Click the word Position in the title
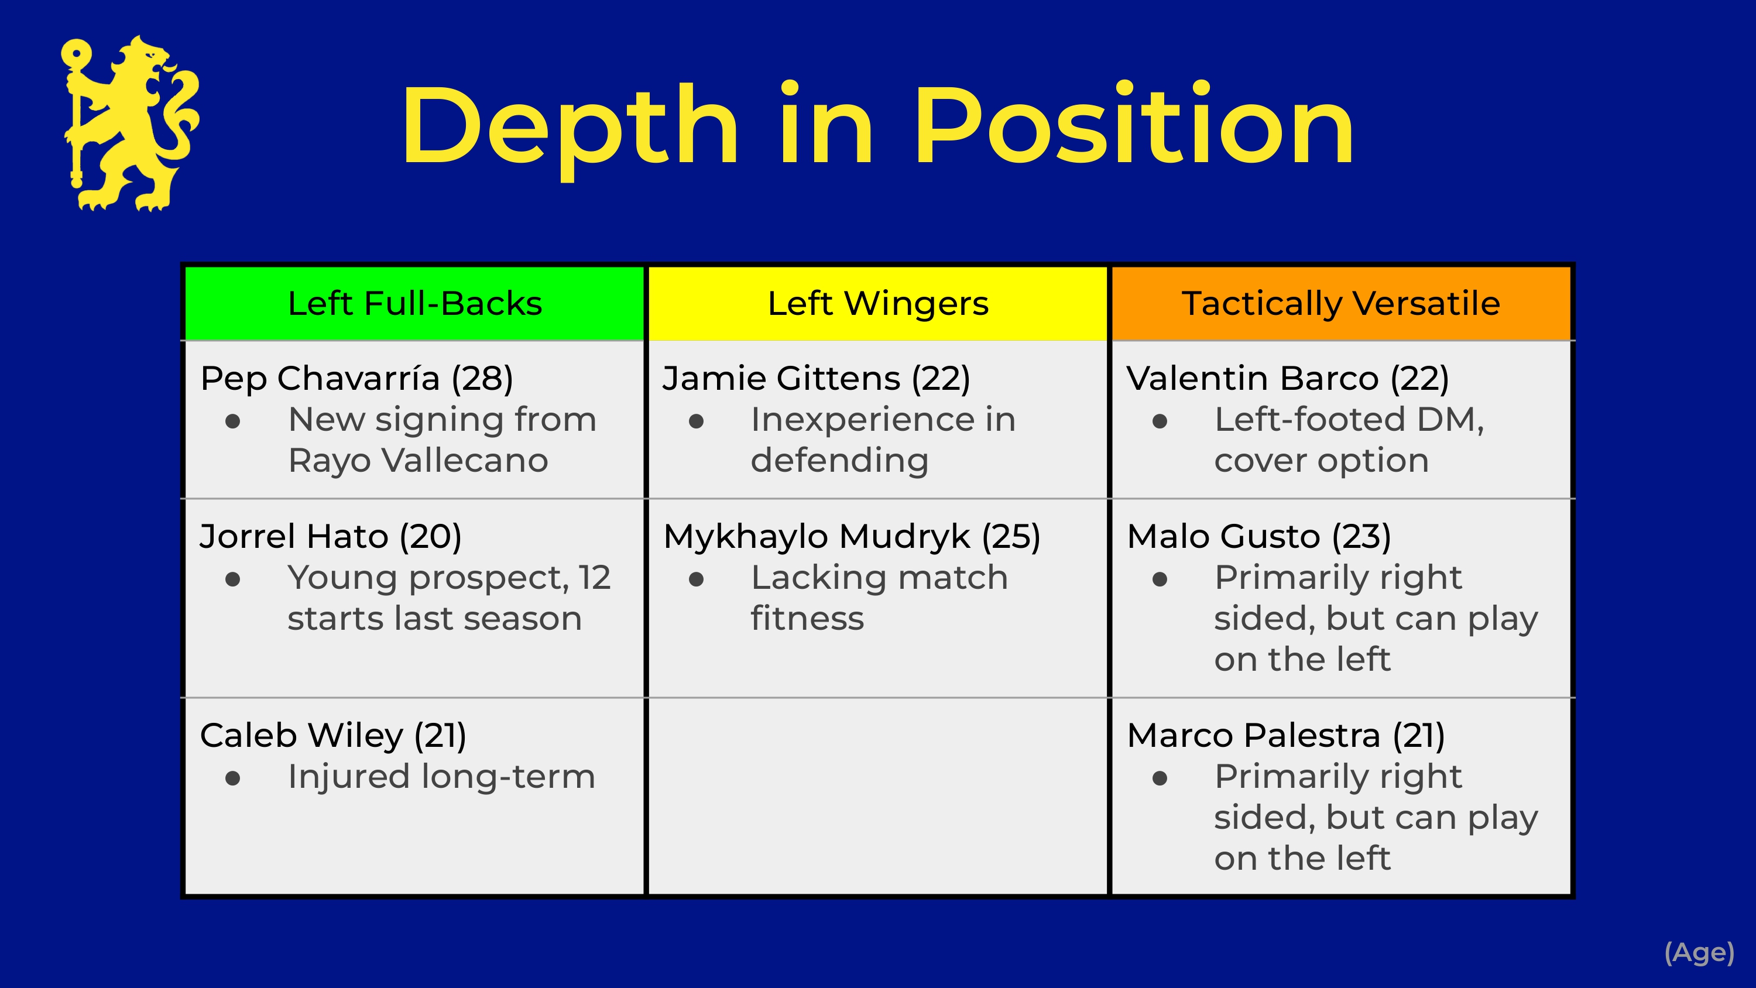1134,125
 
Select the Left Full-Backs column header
414,303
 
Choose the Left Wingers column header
878,303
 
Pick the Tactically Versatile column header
1341,303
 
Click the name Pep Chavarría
320,379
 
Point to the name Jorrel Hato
294,536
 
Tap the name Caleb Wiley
301,735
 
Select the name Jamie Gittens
781,379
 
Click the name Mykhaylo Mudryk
817,537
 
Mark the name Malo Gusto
1223,536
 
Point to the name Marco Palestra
1254,735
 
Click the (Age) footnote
1699,952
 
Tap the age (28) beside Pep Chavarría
482,379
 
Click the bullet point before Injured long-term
232,778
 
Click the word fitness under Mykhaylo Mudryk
807,619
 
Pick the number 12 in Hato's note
595,578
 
